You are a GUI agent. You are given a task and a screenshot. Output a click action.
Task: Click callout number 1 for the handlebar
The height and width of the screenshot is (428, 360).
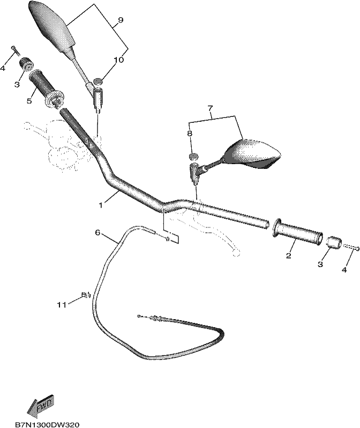point(101,205)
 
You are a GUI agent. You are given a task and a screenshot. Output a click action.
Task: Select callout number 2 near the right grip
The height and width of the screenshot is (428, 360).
point(289,256)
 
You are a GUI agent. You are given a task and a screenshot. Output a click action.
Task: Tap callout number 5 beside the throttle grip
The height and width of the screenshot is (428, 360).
point(29,101)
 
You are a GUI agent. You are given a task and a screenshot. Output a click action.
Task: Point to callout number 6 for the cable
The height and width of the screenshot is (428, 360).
point(97,233)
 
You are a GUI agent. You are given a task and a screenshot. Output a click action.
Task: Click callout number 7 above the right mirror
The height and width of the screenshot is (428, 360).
point(210,108)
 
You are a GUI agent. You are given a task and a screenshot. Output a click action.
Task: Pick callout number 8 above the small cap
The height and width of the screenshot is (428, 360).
point(190,134)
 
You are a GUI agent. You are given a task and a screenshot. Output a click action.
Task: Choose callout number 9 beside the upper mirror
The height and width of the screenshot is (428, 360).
point(121,20)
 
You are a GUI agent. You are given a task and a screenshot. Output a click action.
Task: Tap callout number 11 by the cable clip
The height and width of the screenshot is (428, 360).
point(62,305)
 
